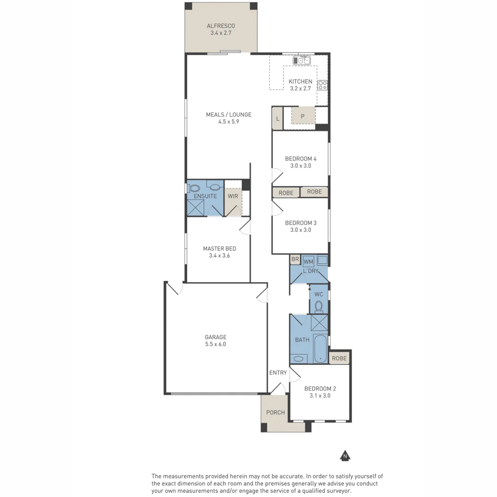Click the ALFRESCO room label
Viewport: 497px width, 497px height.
221,26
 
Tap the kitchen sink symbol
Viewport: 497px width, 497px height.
301,60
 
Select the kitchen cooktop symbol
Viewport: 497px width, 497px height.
323,85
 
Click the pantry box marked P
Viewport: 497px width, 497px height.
303,116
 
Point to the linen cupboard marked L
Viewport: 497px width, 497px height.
277,118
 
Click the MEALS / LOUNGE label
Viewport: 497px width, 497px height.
228,115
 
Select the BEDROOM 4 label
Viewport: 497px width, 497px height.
301,159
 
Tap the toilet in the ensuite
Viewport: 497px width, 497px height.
194,188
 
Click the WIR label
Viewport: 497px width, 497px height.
233,196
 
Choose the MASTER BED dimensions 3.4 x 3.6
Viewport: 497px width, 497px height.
219,255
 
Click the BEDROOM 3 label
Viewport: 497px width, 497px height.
301,223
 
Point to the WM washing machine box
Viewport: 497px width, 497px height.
308,261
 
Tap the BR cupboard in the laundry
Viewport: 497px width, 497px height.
295,260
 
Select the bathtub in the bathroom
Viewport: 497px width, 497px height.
320,349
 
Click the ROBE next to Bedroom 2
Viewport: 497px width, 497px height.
339,358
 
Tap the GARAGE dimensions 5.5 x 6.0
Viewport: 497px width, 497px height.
216,344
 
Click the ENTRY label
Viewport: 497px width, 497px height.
278,373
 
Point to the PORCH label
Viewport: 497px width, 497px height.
275,412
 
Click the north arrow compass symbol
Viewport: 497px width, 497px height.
344,456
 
